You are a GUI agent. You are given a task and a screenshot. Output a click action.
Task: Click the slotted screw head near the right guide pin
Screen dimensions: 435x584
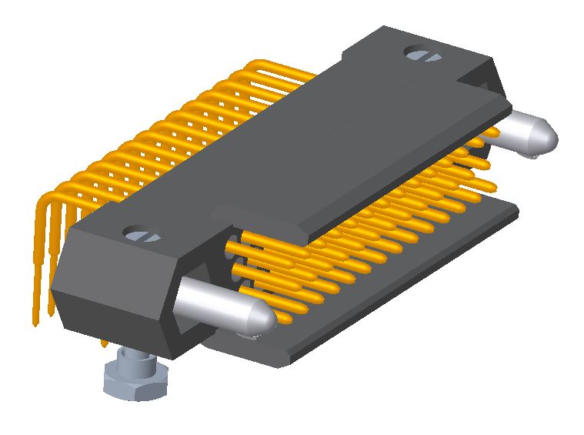click(x=421, y=55)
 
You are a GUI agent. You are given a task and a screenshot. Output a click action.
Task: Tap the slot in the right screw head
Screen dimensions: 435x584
click(x=421, y=55)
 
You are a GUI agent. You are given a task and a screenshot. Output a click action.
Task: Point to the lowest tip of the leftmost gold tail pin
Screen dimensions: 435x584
click(x=35, y=322)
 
